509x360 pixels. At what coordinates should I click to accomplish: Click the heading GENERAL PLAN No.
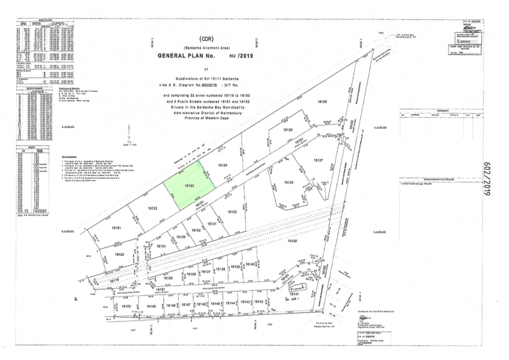click(x=195, y=58)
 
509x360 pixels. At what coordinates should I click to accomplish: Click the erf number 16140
click(x=250, y=265)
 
